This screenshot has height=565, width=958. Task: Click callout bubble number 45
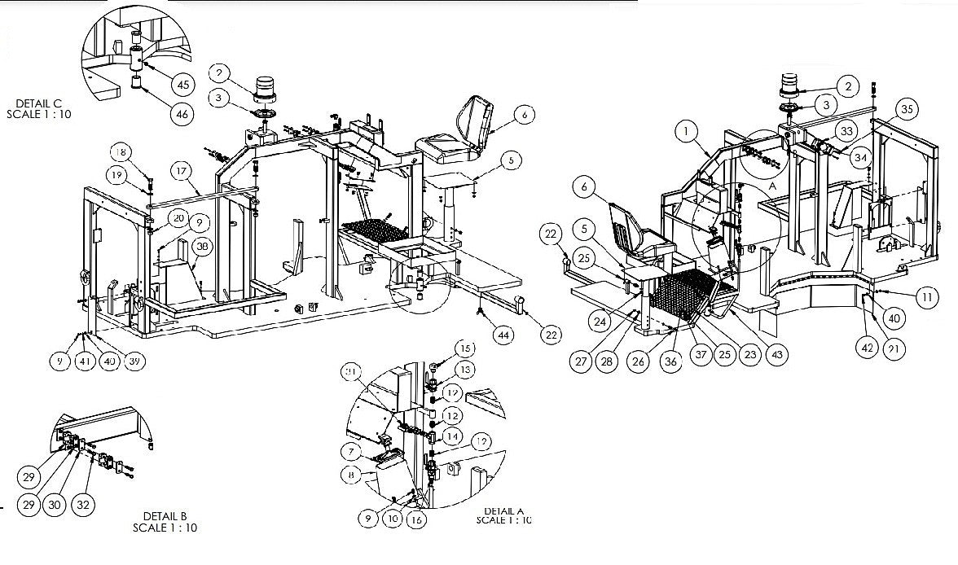pos(182,84)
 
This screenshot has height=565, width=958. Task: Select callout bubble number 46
pos(182,114)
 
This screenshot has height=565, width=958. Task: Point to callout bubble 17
pos(181,171)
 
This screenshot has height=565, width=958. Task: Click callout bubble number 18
pos(121,152)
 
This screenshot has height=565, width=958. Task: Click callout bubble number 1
pos(687,130)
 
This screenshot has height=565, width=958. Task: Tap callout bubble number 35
pos(906,109)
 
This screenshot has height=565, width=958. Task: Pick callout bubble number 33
pos(846,130)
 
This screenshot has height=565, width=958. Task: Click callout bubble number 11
pos(925,298)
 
